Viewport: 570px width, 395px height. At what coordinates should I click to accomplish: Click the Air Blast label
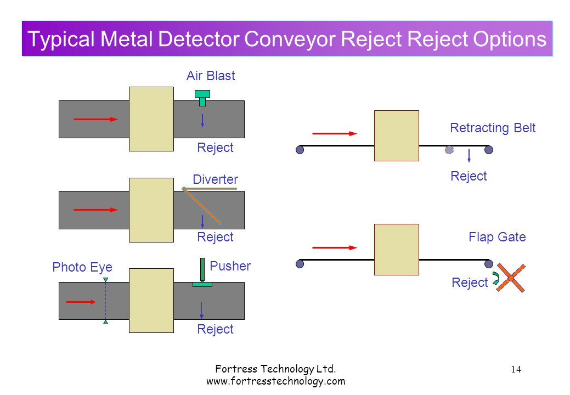[x=211, y=76]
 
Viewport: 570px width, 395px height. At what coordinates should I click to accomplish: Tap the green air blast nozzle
[x=202, y=98]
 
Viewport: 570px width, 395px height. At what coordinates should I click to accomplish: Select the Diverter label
[x=215, y=179]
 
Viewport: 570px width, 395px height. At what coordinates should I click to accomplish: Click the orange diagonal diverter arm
[x=202, y=206]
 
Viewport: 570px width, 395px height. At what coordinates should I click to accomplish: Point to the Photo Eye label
[x=82, y=267]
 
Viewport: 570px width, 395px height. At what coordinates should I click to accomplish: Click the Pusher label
[x=230, y=266]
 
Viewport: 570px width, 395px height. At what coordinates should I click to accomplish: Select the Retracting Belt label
[x=493, y=128]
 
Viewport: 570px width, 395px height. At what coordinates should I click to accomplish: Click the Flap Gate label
[x=497, y=237]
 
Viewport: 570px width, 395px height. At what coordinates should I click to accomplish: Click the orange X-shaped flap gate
[x=511, y=278]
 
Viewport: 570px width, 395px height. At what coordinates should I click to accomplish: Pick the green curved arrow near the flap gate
[x=496, y=278]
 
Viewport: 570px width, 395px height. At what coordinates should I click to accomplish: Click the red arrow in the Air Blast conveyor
[x=95, y=119]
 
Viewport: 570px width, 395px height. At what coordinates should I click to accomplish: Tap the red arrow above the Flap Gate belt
[x=335, y=248]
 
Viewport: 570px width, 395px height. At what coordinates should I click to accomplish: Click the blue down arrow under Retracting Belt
[x=469, y=155]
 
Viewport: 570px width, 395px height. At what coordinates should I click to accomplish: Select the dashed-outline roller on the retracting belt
[x=449, y=150]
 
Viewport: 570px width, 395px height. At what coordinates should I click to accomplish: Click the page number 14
[x=516, y=370]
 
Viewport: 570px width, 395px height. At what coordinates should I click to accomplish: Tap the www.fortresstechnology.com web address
[x=275, y=381]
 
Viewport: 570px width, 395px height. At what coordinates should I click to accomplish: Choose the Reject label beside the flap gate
[x=470, y=283]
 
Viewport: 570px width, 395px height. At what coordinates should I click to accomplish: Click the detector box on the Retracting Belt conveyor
[x=397, y=136]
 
